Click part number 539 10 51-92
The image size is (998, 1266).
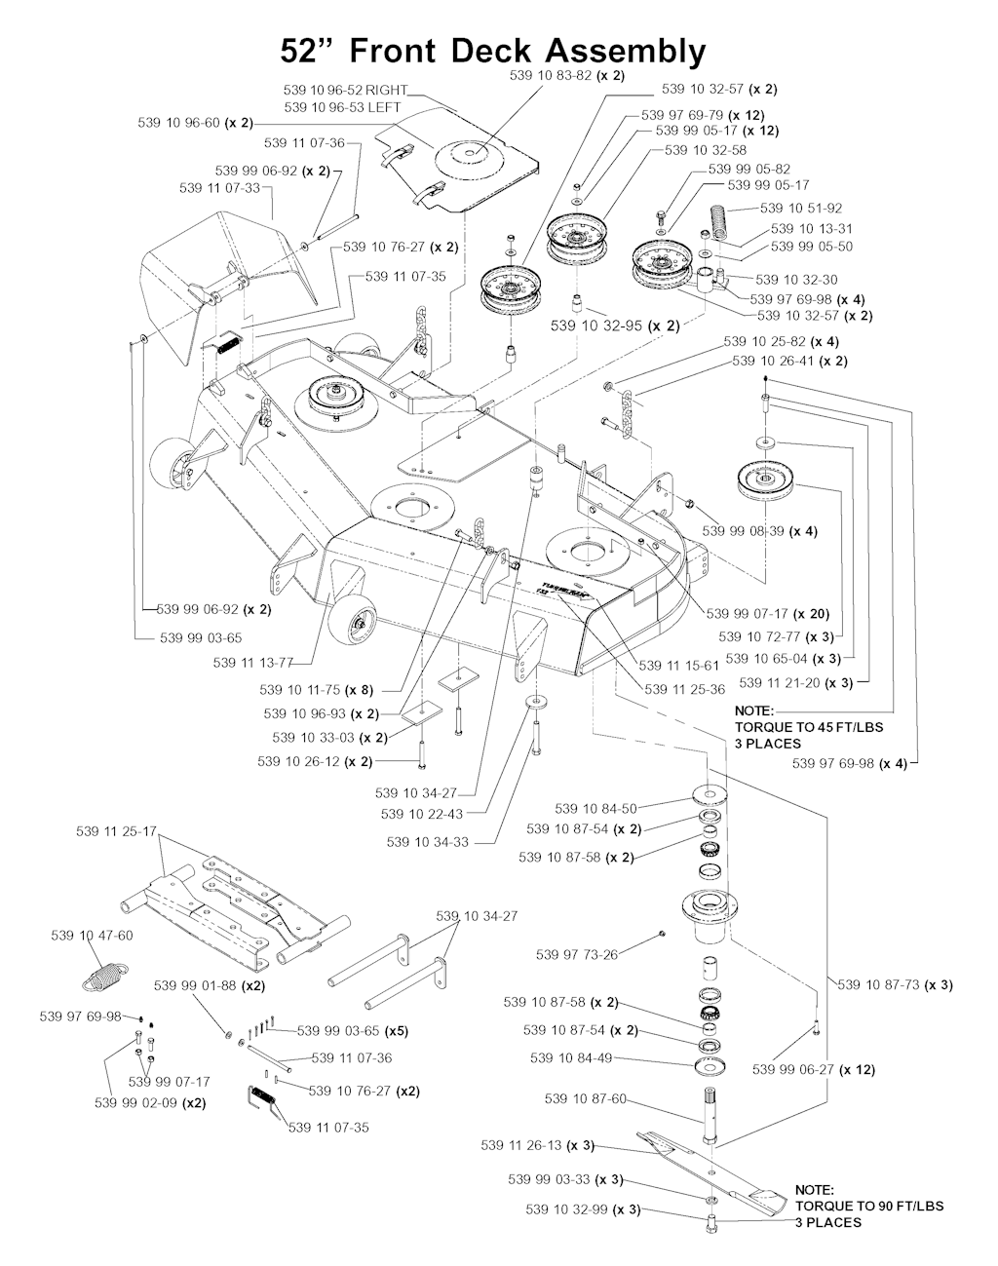tap(800, 208)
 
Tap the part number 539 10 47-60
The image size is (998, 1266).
tap(92, 935)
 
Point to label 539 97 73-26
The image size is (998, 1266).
tap(577, 954)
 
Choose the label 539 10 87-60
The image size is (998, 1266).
tap(585, 1099)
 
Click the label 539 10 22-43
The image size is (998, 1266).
tap(422, 814)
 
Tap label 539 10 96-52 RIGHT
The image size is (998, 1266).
tap(345, 90)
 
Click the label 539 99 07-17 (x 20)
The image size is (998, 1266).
tap(768, 614)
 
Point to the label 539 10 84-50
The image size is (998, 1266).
tap(595, 808)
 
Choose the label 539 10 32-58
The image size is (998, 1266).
tap(706, 150)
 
